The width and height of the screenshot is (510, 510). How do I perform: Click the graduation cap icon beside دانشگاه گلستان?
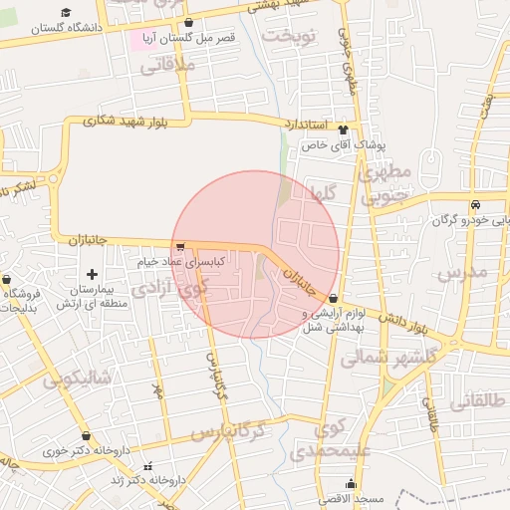coord(66,12)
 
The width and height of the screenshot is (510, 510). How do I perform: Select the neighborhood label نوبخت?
coord(289,37)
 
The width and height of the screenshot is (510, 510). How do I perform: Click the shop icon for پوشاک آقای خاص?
coord(344,129)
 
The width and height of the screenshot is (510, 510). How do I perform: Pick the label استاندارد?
coord(305,125)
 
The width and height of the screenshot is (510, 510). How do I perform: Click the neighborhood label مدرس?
coord(462,271)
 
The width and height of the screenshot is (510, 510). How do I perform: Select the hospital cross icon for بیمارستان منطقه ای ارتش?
coord(93,273)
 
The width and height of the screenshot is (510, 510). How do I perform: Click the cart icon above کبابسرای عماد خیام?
coord(179,246)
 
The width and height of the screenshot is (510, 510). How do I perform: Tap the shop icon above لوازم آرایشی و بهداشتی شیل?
coord(332,299)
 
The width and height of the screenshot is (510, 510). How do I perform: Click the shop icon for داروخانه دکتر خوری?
coord(87,435)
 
